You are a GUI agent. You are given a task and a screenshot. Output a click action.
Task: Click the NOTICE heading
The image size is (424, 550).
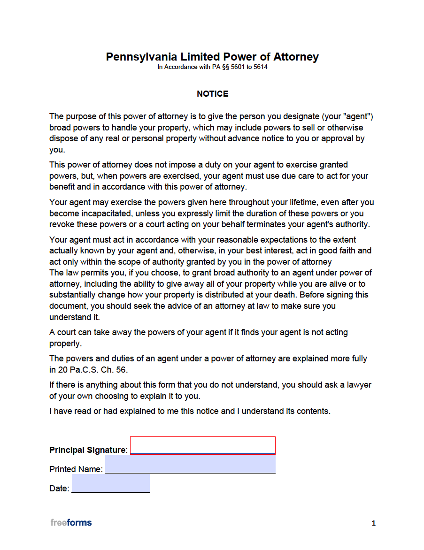(212, 94)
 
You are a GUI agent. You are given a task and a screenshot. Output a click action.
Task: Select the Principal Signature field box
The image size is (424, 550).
(202, 445)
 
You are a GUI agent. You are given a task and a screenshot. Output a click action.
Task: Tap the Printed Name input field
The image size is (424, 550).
(190, 464)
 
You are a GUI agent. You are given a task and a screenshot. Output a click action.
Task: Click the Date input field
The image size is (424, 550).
(111, 483)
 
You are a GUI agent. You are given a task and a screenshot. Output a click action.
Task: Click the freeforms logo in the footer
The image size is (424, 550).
(71, 523)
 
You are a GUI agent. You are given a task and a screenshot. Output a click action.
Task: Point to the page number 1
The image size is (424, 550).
(373, 523)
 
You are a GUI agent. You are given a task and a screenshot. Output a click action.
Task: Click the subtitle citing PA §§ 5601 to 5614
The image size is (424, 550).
(212, 67)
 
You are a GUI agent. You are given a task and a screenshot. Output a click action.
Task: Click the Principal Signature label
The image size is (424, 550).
(87, 450)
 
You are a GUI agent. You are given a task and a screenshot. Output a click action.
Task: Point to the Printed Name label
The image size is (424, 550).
(75, 469)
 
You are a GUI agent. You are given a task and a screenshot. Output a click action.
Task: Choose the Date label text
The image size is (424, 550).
(59, 489)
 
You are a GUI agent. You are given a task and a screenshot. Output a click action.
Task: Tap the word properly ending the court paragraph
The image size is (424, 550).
(64, 344)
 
